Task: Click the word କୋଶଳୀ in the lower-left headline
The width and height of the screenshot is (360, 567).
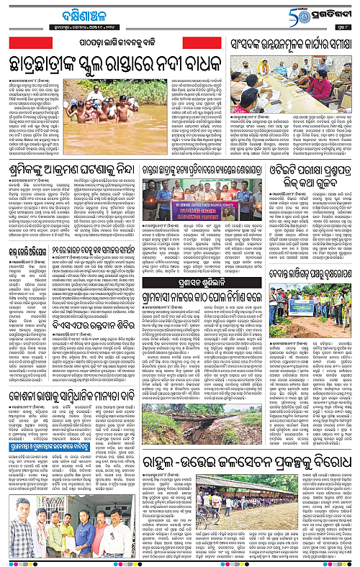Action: [31, 394]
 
